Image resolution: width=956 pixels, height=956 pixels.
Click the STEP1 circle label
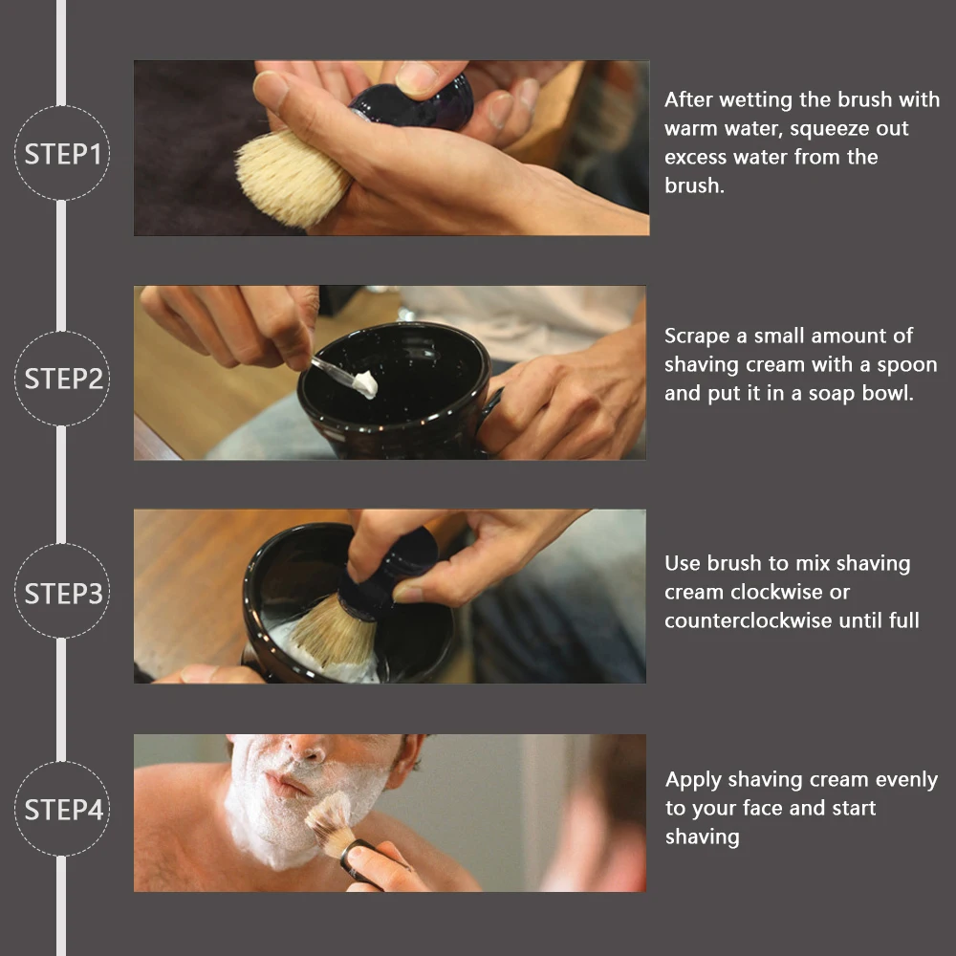pos(62,153)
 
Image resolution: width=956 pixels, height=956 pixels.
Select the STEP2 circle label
pos(62,379)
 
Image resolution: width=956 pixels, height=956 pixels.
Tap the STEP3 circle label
pos(62,592)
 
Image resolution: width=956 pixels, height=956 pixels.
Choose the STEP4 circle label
pos(62,809)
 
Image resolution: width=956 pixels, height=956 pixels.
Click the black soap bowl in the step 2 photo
pos(397,390)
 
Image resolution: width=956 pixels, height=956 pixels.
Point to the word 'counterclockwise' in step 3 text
pos(749,620)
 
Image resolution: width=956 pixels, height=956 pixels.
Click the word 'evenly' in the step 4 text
pos(906,780)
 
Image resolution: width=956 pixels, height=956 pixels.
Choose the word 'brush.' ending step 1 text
pos(694,185)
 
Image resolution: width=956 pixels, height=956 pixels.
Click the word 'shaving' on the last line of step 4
pos(703,837)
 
